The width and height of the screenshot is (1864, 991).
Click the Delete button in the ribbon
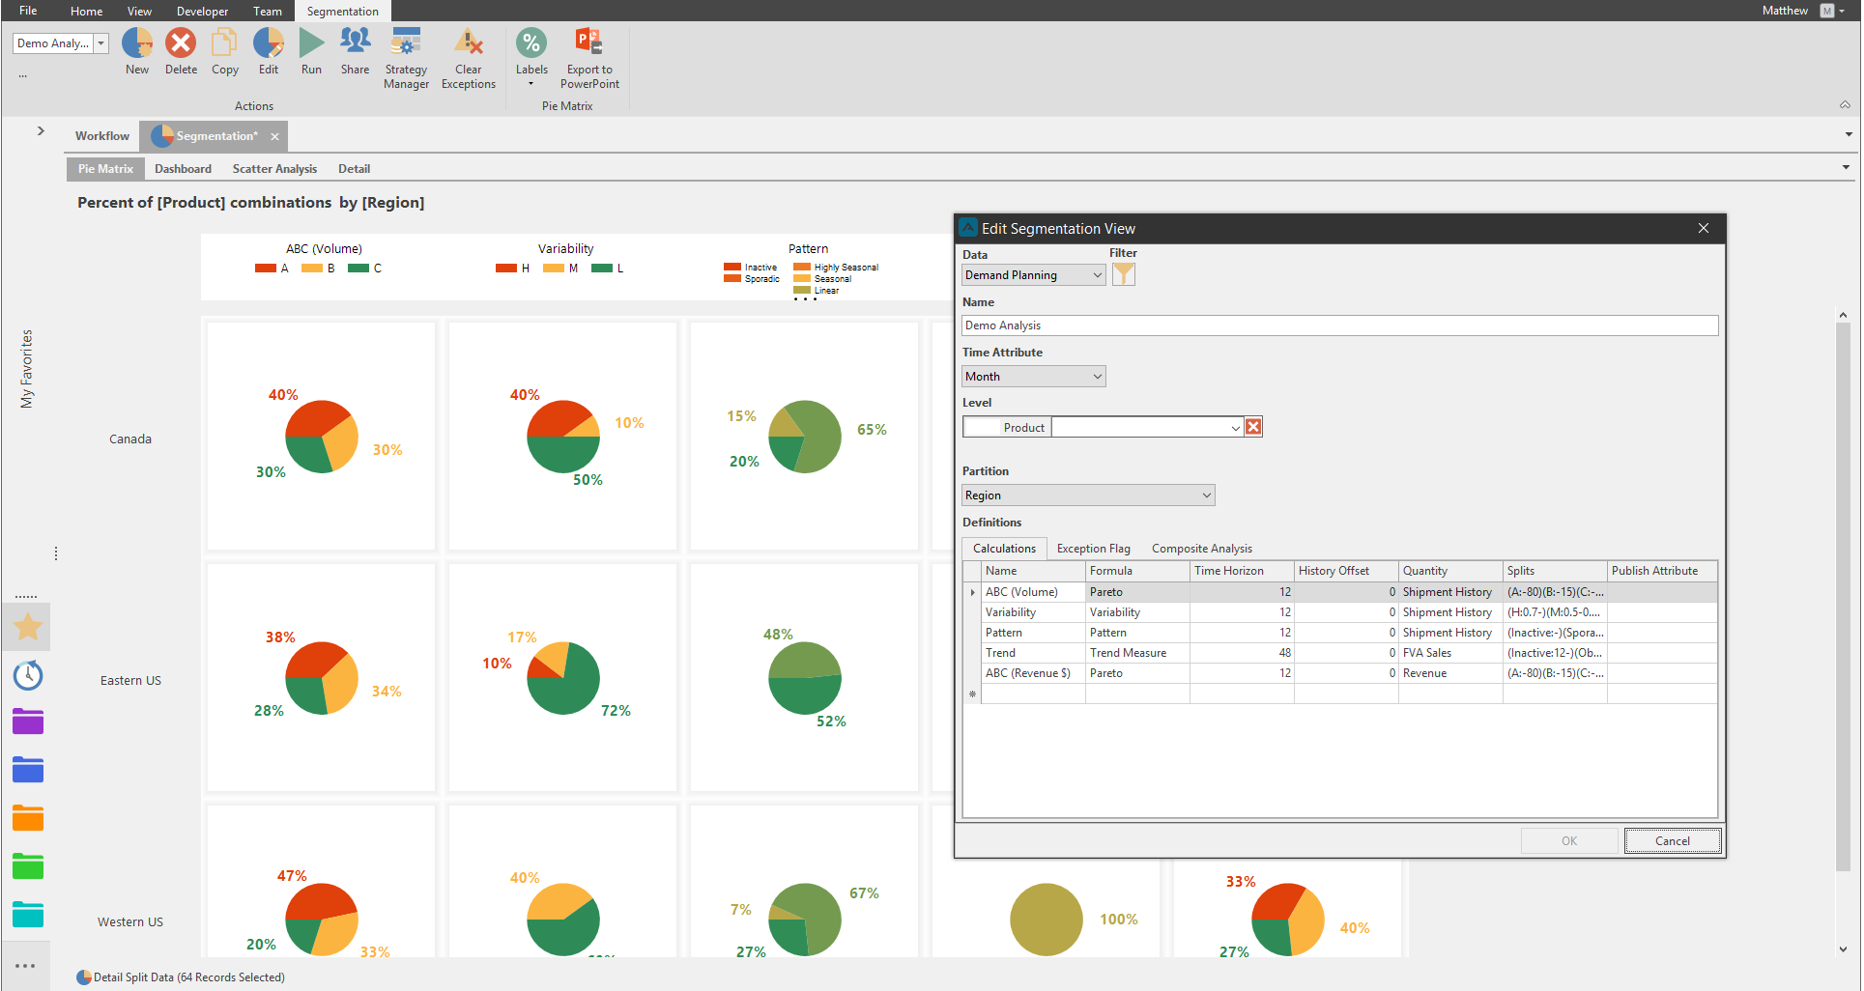tap(181, 52)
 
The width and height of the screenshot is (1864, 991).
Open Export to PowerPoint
tap(589, 58)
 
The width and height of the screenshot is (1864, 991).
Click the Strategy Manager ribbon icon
tap(406, 58)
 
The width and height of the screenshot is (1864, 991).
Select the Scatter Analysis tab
tap(274, 169)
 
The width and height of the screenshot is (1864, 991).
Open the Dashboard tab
tap(183, 169)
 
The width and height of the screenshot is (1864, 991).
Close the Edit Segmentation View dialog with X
tap(1704, 229)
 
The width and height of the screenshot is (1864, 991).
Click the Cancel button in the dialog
tap(1673, 840)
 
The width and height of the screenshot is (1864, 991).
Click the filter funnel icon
tap(1123, 275)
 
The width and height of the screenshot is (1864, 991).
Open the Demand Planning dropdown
tap(1034, 275)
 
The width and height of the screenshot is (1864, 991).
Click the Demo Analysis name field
tap(1339, 326)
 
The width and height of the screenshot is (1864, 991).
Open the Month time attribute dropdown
tap(1034, 377)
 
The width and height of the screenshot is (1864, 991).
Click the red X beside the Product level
tap(1253, 427)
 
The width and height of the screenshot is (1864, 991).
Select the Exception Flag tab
tap(1093, 549)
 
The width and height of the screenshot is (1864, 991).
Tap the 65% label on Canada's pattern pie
tap(872, 430)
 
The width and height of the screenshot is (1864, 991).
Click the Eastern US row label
tap(130, 681)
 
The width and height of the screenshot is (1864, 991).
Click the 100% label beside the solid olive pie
tap(1118, 920)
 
